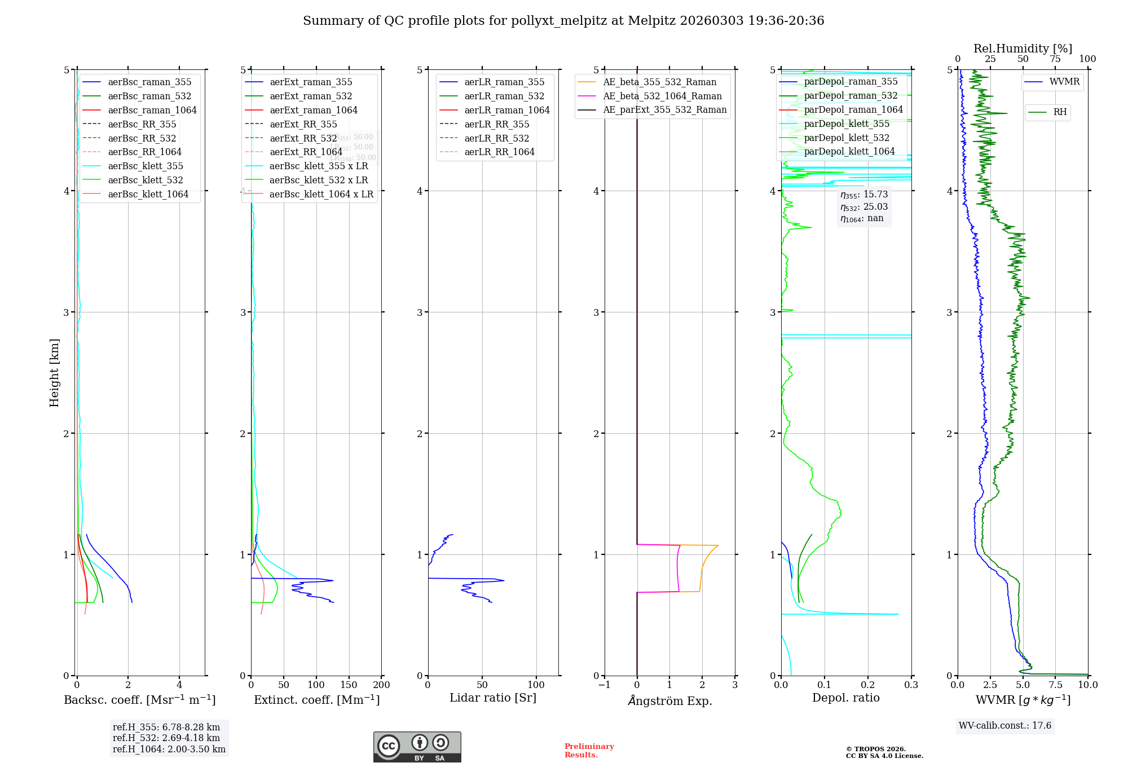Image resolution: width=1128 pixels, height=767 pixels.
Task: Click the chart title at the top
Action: [563, 21]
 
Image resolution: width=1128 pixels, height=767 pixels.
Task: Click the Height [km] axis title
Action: [54, 373]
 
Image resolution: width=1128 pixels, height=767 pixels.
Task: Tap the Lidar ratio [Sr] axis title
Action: [492, 698]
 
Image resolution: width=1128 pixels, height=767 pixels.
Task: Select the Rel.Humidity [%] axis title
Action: [1023, 49]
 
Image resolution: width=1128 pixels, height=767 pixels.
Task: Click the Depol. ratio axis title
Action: [845, 698]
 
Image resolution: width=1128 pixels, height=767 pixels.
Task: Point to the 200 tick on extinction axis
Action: [382, 685]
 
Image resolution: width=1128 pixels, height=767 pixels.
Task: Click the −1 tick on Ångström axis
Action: [604, 685]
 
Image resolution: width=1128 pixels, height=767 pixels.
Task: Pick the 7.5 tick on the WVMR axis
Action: [1055, 685]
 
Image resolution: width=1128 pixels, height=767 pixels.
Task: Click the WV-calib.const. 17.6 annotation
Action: [1005, 726]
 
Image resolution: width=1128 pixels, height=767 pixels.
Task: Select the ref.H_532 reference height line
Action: [166, 738]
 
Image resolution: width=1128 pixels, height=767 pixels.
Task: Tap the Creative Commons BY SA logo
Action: [417, 747]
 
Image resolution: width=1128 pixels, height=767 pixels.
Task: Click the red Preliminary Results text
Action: [589, 751]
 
